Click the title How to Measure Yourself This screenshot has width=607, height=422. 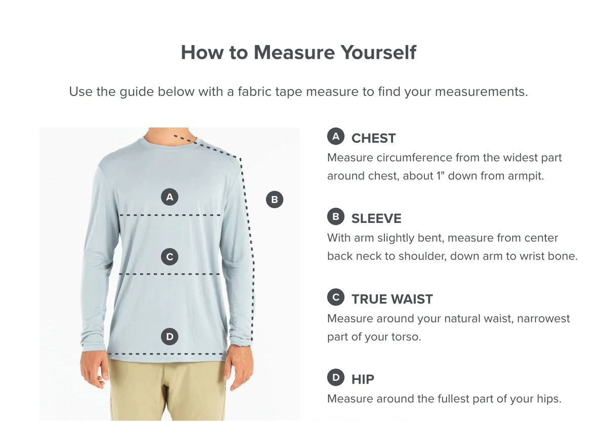[x=298, y=52]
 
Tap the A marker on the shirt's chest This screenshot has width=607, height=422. [x=169, y=197]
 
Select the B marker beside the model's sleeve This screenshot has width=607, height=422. [x=275, y=200]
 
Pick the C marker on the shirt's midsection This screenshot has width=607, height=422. [x=169, y=257]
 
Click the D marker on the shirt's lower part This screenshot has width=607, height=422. [x=169, y=337]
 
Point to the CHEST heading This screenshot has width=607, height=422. [x=373, y=138]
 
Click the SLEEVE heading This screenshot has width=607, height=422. [x=376, y=219]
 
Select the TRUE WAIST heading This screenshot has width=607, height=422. [x=392, y=299]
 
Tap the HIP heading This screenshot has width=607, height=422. [x=363, y=380]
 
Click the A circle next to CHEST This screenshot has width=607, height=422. [x=336, y=136]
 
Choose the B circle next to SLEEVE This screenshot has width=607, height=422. [x=336, y=216]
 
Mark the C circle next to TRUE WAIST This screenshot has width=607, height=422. [x=336, y=297]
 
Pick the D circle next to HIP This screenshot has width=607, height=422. [x=336, y=377]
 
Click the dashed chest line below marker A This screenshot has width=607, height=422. [x=170, y=215]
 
